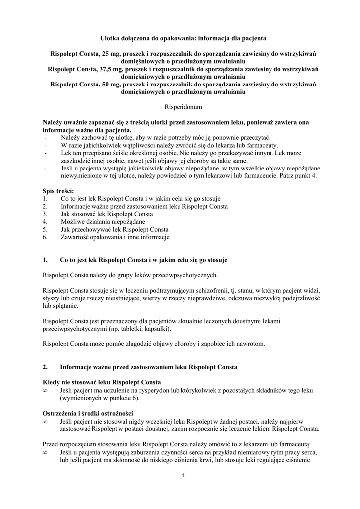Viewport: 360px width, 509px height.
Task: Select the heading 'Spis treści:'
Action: pyautogui.click(x=58, y=191)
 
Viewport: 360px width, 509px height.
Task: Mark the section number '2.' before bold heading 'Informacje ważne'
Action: pyautogui.click(x=46, y=367)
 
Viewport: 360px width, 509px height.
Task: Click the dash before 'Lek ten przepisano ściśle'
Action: pyautogui.click(x=46, y=153)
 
